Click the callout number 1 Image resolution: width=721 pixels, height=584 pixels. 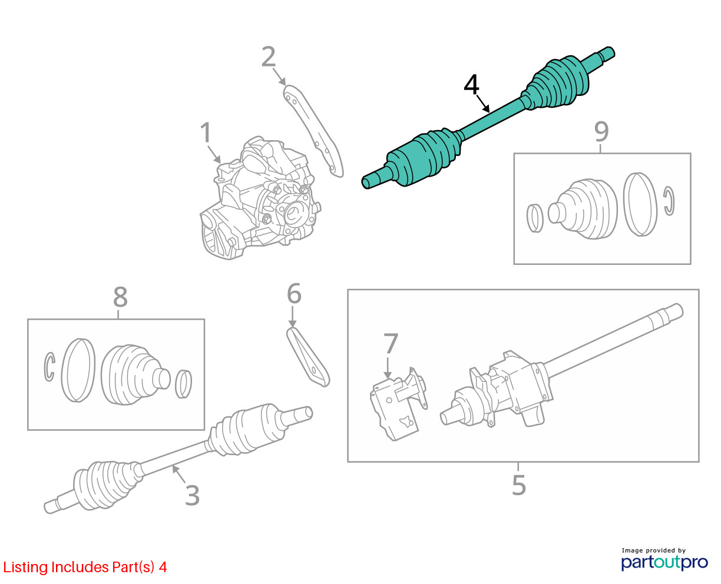pos(206,132)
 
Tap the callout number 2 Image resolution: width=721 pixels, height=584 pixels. pos(269,57)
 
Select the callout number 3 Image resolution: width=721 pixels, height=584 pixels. pos(192,496)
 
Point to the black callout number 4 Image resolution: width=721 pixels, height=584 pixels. pos(471,85)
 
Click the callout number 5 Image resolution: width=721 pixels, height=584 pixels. pos(518,485)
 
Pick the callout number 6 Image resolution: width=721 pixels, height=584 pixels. pos(294,293)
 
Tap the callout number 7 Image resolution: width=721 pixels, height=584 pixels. pos(391,343)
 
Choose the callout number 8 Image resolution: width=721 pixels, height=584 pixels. pos(120,297)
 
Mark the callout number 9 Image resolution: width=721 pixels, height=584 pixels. pos(601,132)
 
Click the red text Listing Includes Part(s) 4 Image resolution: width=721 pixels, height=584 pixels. pos(85,567)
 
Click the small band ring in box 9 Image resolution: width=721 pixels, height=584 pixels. pos(535,218)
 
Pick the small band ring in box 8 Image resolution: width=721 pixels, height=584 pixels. pos(183,384)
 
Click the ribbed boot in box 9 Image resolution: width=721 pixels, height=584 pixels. pos(583,209)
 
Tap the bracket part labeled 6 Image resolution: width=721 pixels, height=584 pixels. pos(307,357)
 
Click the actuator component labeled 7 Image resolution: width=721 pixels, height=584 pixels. pos(398,404)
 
